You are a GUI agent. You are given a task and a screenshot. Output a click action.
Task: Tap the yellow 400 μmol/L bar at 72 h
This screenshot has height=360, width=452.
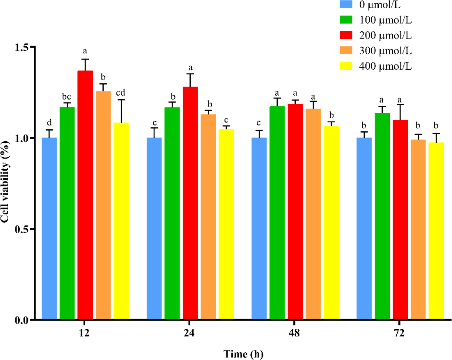[437, 231]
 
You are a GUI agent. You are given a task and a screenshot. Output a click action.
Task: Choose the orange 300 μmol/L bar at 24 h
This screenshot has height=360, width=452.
[208, 217]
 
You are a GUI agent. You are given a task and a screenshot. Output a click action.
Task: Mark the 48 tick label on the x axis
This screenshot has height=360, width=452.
[295, 332]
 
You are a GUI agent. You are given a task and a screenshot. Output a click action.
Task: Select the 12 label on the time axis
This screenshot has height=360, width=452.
[85, 332]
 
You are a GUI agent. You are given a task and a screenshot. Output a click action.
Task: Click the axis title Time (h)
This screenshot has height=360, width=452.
[243, 354]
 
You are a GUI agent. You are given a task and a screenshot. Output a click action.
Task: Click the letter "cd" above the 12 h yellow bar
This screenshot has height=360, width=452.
[121, 93]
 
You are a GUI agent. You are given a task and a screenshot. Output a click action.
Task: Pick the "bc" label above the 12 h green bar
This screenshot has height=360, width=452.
[67, 96]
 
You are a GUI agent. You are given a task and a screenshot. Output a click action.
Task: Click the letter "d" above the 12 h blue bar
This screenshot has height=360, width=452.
[49, 123]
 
